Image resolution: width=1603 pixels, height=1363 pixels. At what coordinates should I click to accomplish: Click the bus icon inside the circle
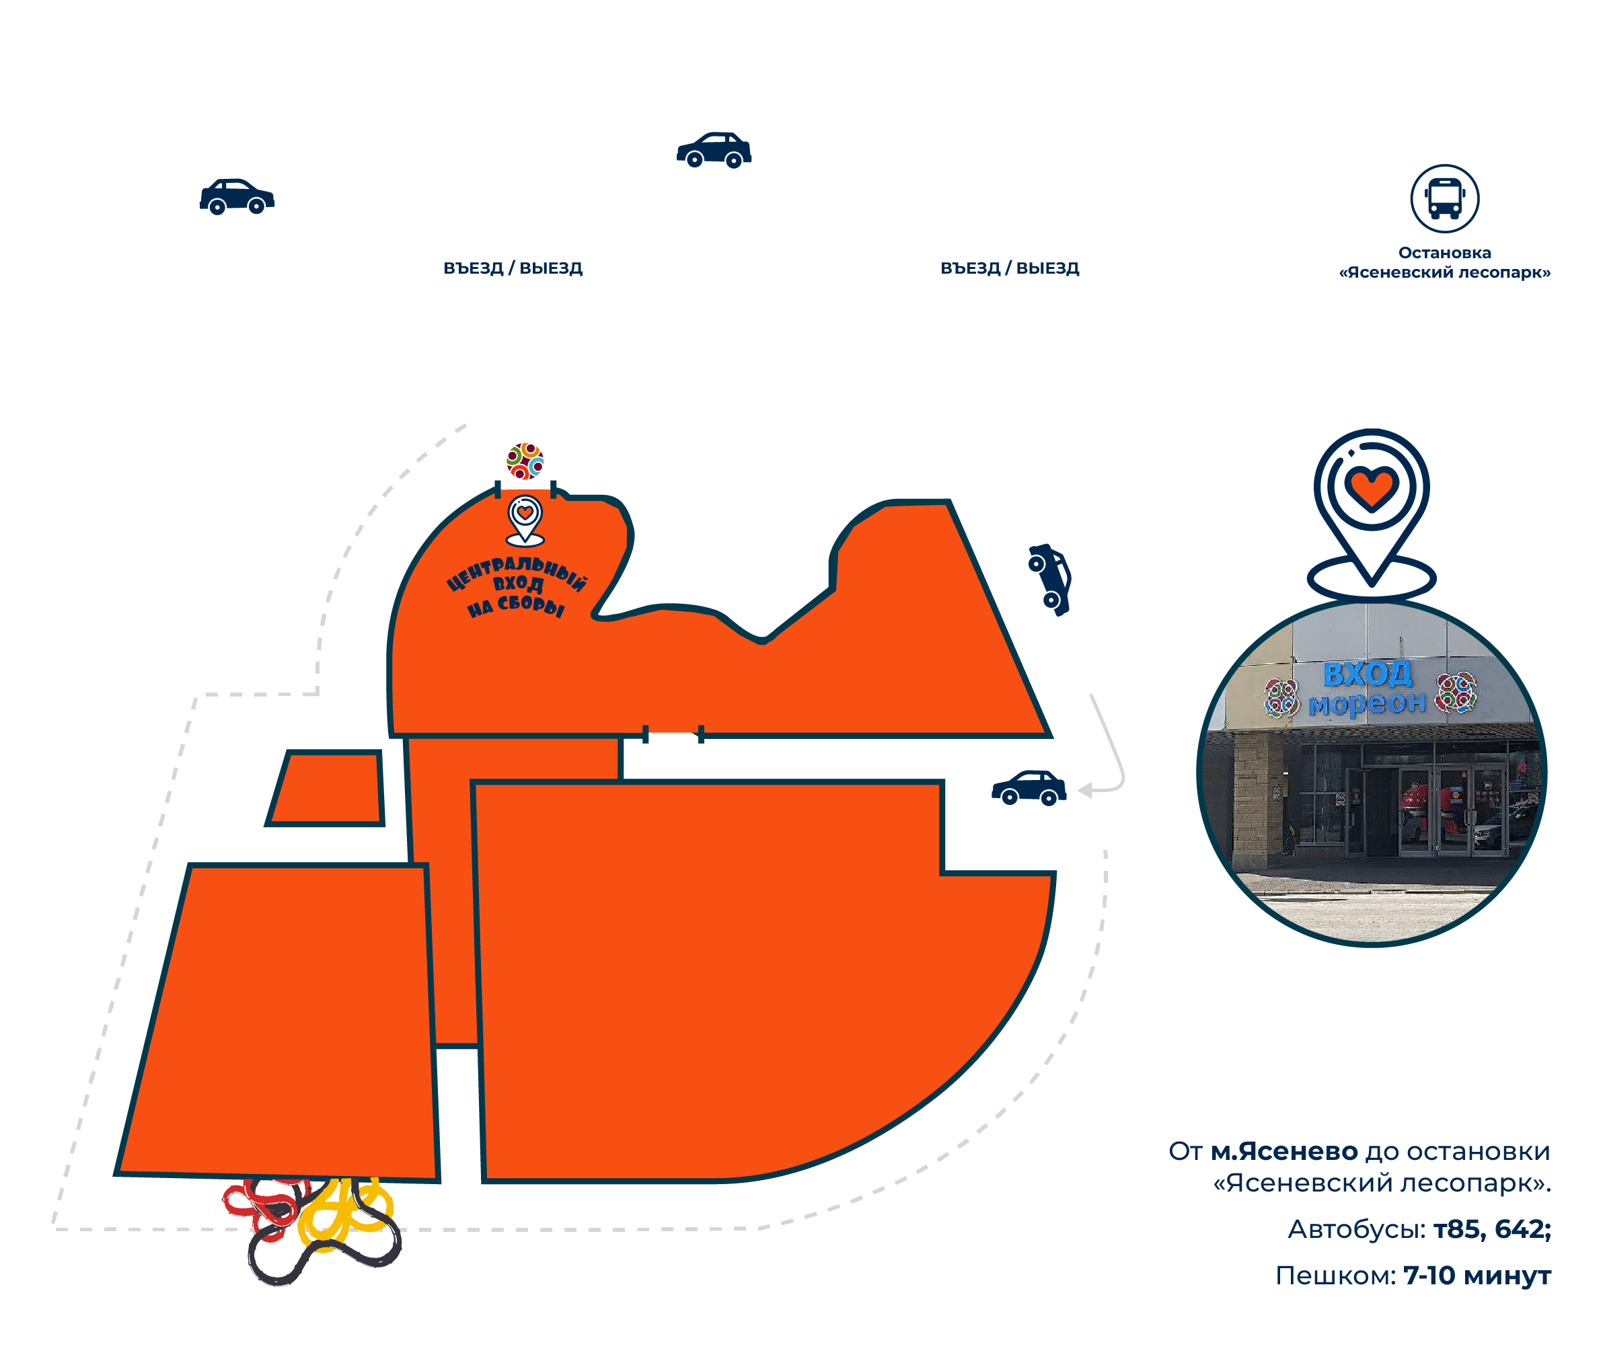(1443, 198)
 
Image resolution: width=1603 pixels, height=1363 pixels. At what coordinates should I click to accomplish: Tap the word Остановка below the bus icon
(1443, 253)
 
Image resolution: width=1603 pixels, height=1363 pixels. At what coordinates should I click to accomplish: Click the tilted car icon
(1049, 580)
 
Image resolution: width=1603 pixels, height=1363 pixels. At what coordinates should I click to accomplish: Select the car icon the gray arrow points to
(1028, 788)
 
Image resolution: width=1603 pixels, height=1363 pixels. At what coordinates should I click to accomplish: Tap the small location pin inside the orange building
(525, 519)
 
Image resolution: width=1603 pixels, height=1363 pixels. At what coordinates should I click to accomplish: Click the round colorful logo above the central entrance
(525, 461)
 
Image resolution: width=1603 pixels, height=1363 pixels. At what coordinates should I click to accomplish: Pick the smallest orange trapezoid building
(326, 787)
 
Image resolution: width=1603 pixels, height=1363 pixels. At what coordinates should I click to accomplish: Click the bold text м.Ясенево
(1283, 1151)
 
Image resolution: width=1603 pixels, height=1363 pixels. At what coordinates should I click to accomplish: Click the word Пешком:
(1335, 1275)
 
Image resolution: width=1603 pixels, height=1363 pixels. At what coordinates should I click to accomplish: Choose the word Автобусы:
(1355, 1229)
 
